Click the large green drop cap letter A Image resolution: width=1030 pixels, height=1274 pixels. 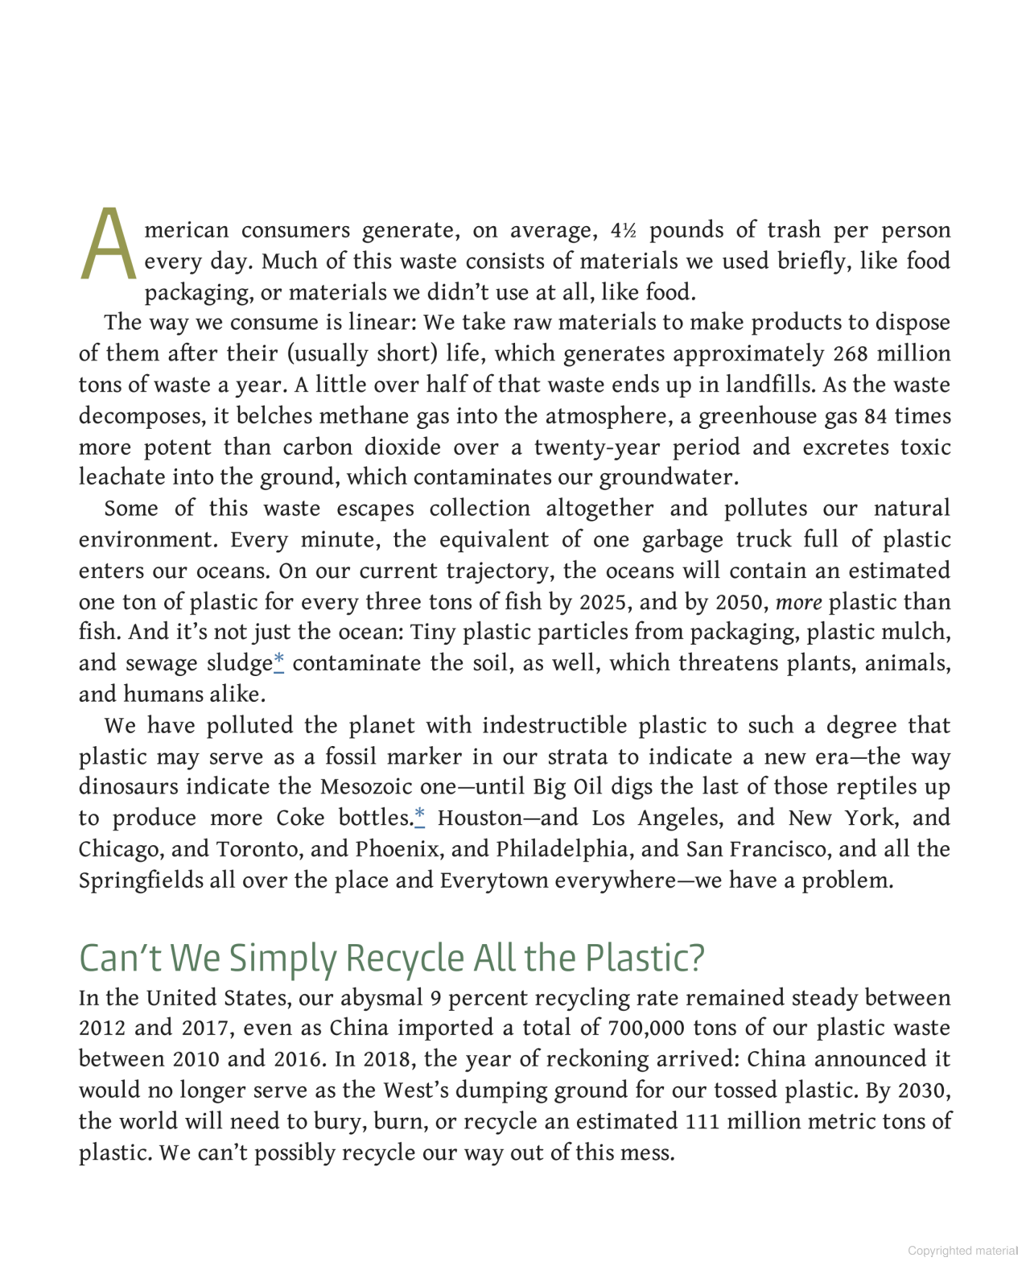pos(108,245)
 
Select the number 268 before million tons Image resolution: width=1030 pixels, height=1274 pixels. pos(851,354)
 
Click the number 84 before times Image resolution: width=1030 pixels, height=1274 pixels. pos(875,417)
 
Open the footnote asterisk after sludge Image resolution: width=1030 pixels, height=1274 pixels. pos(278,662)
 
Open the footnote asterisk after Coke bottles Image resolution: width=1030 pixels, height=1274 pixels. pos(419,818)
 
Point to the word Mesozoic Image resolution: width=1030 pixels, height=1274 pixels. pos(367,786)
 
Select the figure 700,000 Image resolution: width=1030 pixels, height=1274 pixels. pos(646,1029)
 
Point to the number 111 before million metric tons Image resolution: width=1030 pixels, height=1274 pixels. pos(702,1122)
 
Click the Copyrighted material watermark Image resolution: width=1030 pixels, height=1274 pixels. pos(962,1251)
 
